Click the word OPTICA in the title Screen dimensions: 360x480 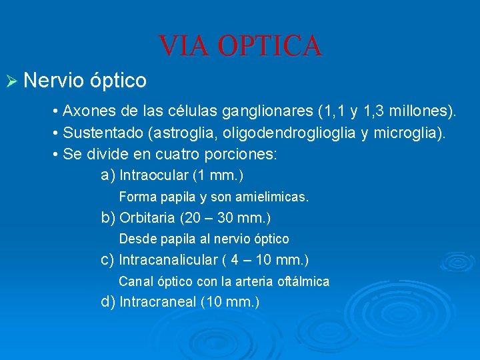(270, 46)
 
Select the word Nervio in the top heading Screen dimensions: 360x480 (53, 81)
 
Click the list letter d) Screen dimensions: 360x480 (108, 302)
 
